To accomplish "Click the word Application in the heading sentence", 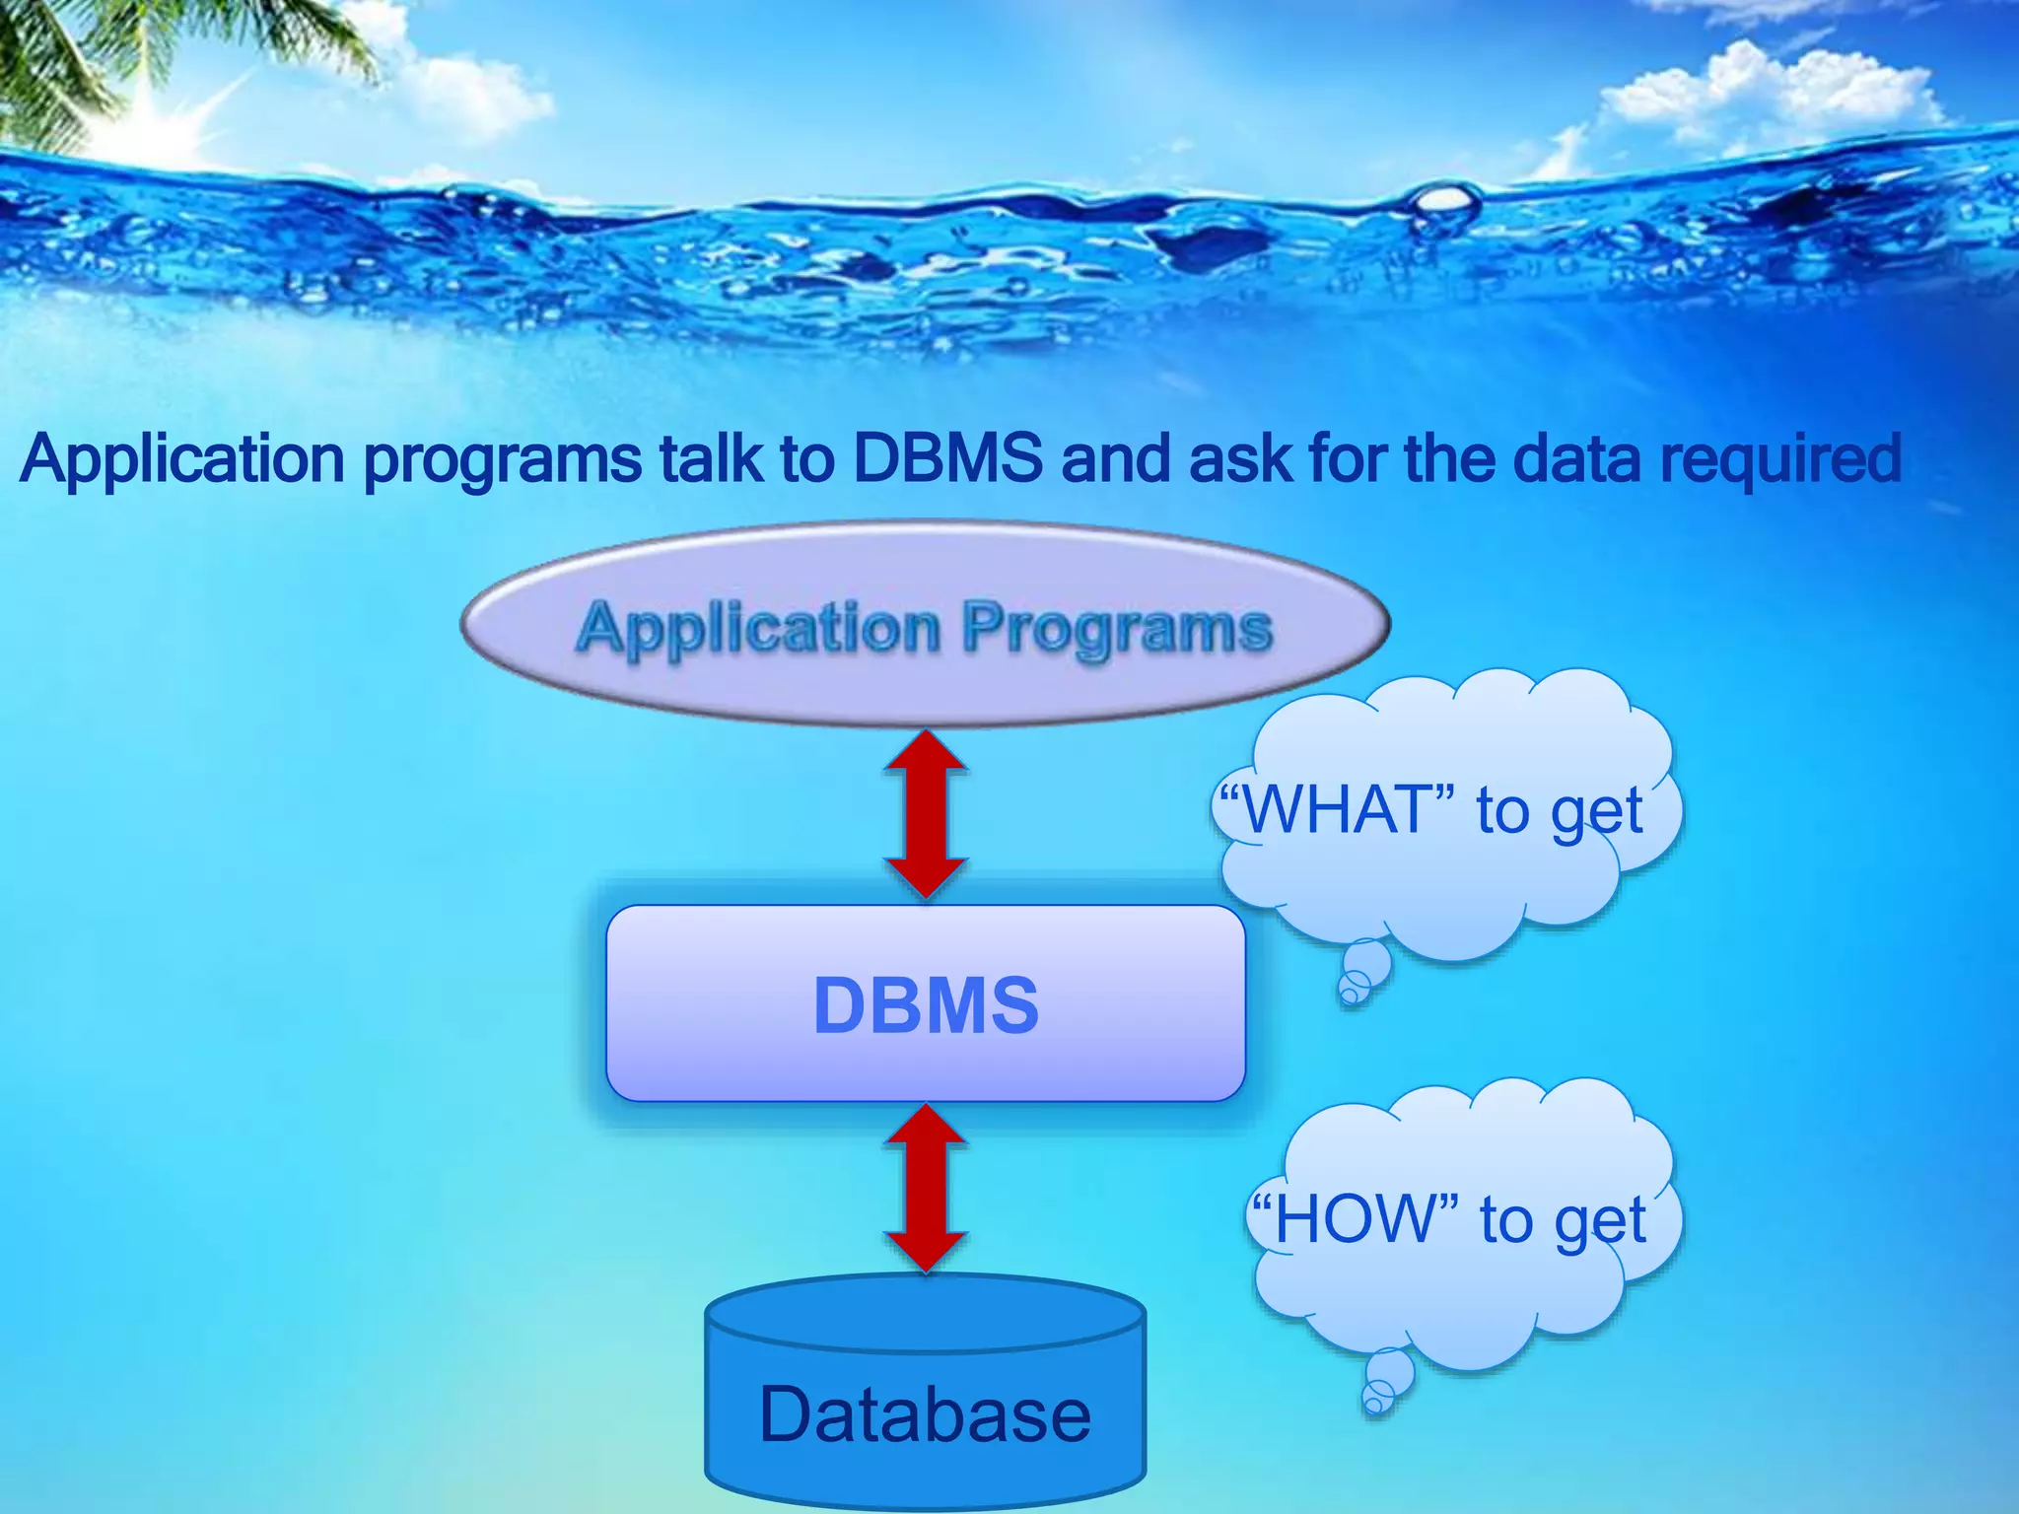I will click(x=182, y=459).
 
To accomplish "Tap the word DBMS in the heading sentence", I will click(x=947, y=458).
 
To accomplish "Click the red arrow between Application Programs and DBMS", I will click(x=926, y=814).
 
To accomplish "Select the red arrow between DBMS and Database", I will click(x=926, y=1188).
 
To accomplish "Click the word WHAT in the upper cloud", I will click(x=1336, y=810).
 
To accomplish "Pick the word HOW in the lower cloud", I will click(x=1355, y=1220).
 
